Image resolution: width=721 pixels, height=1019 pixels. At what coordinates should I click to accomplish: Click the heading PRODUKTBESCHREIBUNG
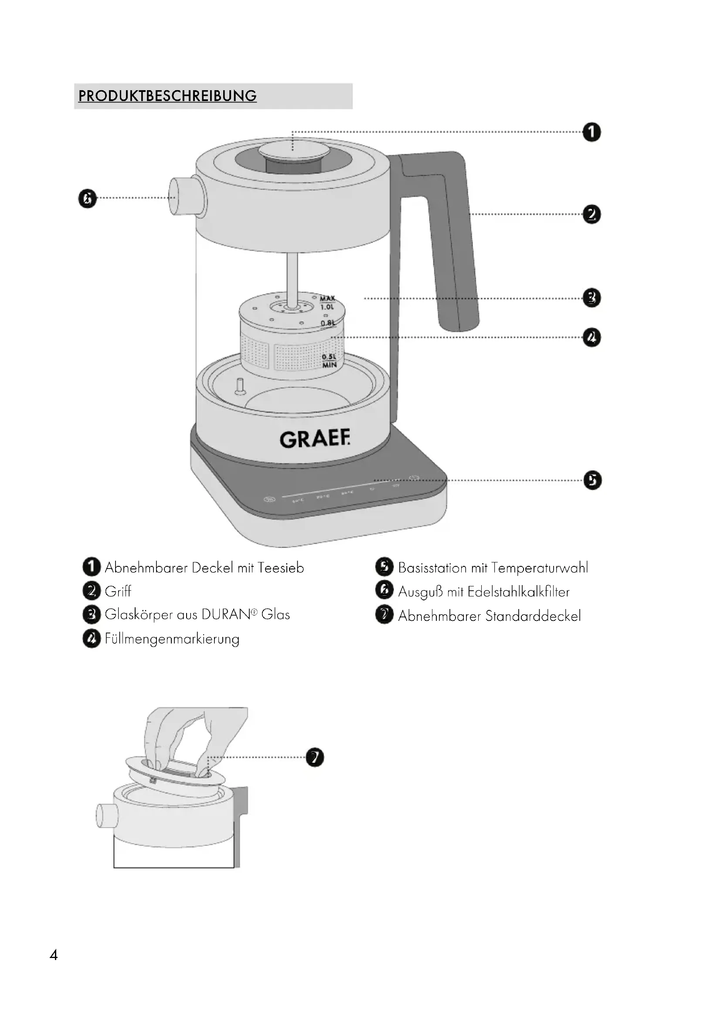tap(167, 96)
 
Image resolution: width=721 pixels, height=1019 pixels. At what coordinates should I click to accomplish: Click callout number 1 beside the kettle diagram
tap(592, 132)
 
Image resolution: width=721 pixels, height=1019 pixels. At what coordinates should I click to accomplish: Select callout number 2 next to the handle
tap(592, 214)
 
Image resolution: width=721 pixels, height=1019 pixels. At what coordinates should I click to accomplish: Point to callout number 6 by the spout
tap(88, 198)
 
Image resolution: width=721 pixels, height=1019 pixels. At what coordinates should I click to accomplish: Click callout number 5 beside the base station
tap(592, 480)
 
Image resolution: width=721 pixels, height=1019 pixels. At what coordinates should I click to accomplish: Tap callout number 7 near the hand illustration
tap(315, 757)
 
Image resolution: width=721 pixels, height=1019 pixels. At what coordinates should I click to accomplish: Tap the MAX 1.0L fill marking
tap(327, 303)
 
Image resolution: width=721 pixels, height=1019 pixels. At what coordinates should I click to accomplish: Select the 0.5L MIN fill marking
tap(329, 361)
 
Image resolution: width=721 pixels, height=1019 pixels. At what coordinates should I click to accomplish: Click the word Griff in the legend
tap(118, 591)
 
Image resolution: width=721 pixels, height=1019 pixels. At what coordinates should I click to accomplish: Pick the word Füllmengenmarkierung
tap(172, 639)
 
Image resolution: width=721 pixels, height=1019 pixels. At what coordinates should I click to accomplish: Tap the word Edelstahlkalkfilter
tap(518, 592)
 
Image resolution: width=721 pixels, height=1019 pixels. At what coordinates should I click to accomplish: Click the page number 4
tap(54, 955)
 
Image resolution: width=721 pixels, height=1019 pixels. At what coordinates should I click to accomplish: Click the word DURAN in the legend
tap(226, 615)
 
